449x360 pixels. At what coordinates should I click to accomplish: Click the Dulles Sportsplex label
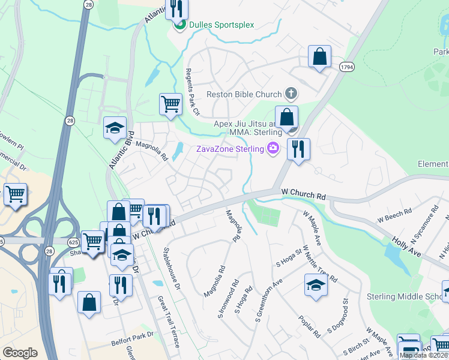coord(221,25)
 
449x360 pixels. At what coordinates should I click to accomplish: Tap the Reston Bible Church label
coord(244,94)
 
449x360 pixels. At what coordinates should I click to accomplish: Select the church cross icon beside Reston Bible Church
coord(291,94)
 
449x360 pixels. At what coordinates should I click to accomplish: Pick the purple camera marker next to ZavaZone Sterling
coord(273,148)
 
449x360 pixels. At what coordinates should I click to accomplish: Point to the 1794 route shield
coord(346,67)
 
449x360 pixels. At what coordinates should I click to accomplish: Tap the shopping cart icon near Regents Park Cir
coord(171,104)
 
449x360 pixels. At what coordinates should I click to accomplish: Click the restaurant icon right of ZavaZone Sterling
coord(298,149)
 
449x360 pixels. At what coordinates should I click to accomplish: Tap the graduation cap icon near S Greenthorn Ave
coord(316,285)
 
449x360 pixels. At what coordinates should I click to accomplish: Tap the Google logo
coord(20,352)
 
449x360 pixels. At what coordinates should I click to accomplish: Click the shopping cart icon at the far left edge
coord(15,194)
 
